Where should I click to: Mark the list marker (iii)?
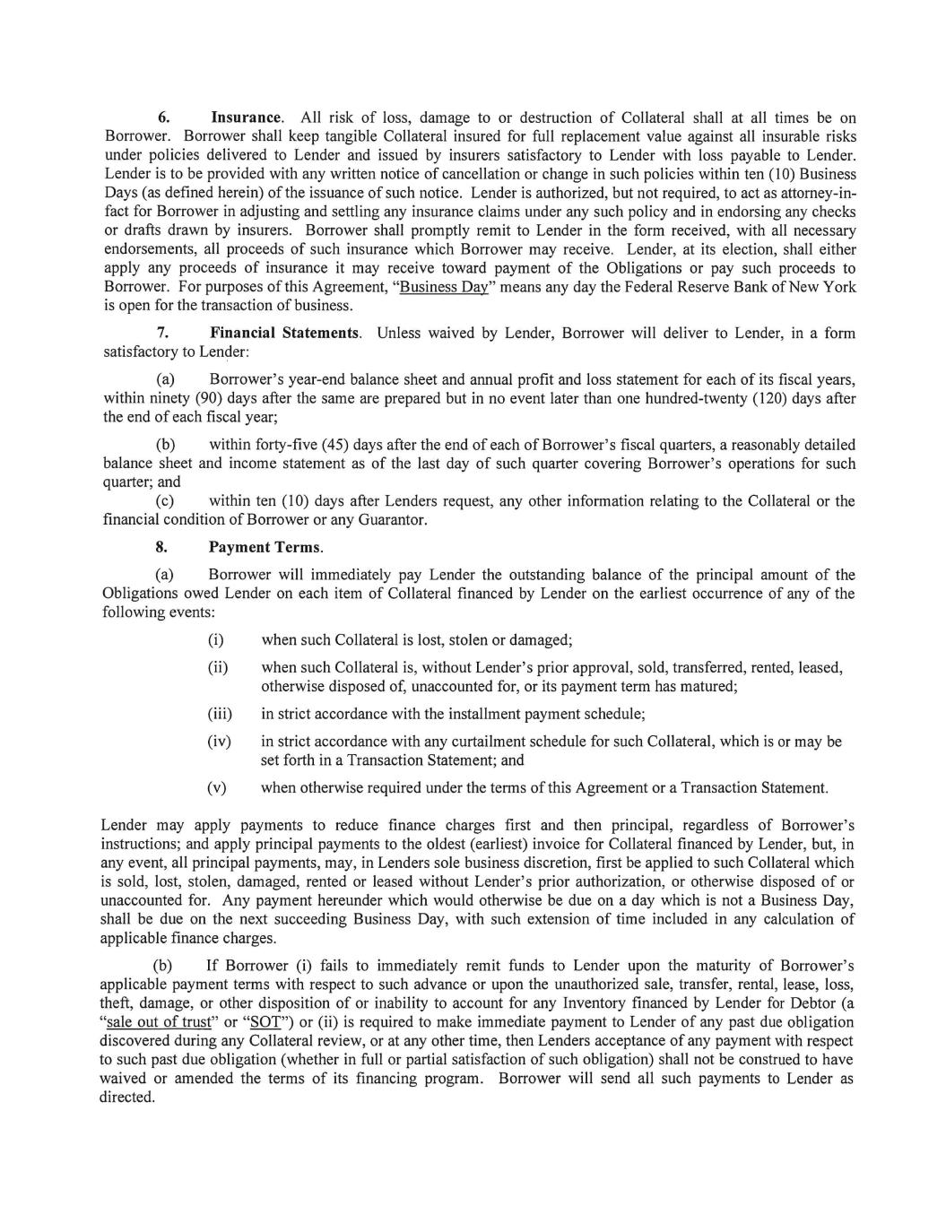220,715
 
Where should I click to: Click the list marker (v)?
216,788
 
